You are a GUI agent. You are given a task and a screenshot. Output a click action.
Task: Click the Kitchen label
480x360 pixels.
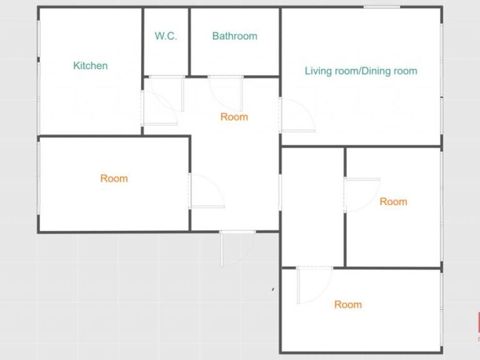pos(91,65)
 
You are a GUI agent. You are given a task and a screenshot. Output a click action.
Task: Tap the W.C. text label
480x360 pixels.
pos(166,36)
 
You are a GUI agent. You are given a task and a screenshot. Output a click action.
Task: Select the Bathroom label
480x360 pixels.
pos(235,36)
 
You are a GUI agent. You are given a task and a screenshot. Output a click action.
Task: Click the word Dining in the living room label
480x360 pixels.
pos(377,71)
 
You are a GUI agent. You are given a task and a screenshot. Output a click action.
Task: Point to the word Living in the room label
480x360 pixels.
pos(319,71)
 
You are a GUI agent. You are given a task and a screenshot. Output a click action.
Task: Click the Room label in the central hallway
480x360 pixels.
pos(234,116)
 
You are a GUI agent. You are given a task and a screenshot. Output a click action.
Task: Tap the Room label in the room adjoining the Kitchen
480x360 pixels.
pos(114,178)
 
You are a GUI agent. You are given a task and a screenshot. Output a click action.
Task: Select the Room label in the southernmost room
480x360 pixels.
pos(348,304)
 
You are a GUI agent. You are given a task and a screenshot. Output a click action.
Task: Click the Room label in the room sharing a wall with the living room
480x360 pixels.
pos(394,202)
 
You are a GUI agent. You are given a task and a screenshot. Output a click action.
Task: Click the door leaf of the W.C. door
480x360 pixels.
pos(182,94)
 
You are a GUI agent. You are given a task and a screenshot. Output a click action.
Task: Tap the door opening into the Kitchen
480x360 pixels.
pos(159,108)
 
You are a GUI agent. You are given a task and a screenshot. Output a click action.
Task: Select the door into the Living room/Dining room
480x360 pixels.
pos(297,115)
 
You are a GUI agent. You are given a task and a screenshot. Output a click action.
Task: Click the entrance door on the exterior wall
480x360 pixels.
pos(237,248)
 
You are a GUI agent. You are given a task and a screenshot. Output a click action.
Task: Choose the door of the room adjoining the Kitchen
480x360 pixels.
pos(207,191)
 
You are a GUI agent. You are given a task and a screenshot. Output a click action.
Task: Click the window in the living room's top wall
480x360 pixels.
pos(382,7)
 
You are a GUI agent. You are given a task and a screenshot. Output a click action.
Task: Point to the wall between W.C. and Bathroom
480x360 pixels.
pos(189,41)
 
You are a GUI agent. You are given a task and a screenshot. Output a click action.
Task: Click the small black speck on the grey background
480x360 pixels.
pos(273,289)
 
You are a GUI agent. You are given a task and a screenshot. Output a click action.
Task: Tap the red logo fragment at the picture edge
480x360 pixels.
pos(478,322)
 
